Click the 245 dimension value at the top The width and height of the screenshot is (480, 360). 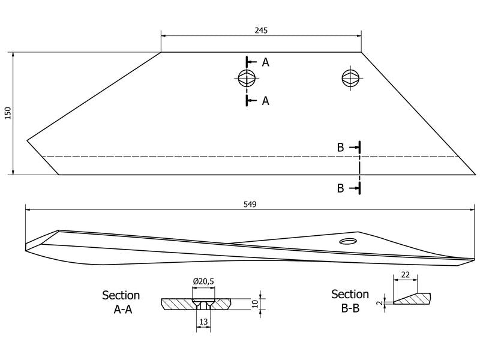261,31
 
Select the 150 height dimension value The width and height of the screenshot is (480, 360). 8,113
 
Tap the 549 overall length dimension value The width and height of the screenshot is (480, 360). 250,204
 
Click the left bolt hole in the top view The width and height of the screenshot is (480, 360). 246,78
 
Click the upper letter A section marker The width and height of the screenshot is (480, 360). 265,62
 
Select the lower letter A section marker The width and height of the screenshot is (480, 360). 265,101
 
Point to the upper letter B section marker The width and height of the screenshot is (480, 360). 340,148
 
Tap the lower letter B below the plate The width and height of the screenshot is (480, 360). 340,188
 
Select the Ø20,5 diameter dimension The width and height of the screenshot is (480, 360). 203,281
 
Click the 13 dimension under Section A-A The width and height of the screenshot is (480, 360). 203,322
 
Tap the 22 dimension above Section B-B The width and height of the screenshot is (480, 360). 405,275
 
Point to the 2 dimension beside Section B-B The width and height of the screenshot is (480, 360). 380,303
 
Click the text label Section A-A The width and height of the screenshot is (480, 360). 121,302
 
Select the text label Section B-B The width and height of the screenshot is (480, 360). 350,301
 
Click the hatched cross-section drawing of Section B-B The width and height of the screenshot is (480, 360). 412,298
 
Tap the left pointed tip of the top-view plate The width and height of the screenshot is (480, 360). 27,140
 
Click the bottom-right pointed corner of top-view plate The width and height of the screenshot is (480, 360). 475,175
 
